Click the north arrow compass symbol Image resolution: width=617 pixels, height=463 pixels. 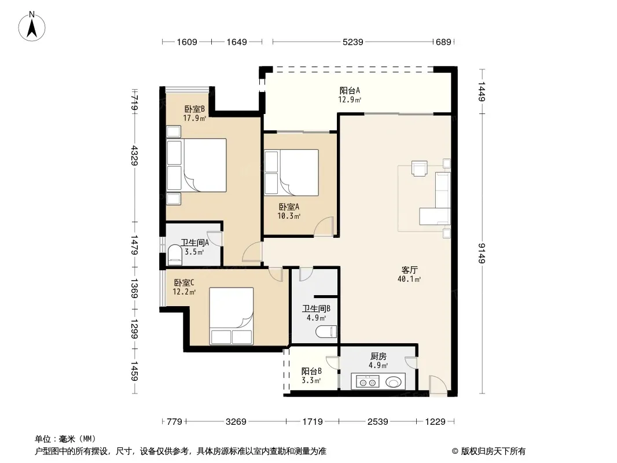coord(32,27)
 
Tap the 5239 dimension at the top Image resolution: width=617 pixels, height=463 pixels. coord(352,42)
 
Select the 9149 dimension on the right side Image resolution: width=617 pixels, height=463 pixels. coord(482,253)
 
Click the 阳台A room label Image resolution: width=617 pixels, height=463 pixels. coord(350,90)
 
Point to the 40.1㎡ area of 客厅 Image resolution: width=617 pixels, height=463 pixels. coord(409,280)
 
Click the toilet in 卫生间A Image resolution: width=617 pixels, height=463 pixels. coord(175,254)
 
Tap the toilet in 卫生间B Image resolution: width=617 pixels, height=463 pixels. coord(326,332)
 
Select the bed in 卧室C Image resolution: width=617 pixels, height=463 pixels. coord(231,316)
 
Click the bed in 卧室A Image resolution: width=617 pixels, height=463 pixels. coord(291,172)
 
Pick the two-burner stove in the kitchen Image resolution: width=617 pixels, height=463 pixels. coord(368,381)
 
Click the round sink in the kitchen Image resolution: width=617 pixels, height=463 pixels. coord(394,381)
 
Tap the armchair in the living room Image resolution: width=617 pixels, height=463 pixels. coord(420,168)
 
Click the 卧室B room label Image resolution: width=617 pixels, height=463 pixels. coord(194,109)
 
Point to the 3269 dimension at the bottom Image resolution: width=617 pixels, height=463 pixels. coord(236,422)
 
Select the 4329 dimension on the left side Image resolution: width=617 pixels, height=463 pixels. coord(135,156)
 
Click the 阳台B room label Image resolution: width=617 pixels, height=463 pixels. coord(311,372)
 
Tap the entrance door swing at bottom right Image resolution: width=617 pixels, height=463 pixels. coord(438,385)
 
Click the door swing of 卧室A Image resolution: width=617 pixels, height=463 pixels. coord(324,227)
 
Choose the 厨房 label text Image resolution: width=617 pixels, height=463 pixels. coord(378,357)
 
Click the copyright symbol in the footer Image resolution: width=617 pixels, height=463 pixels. coord(456,451)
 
